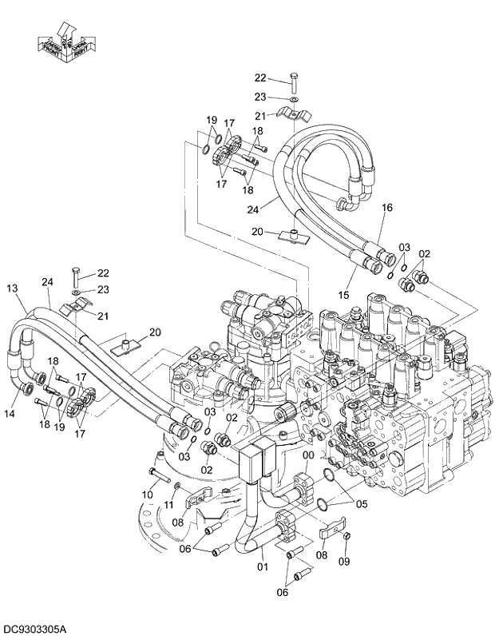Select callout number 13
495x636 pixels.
11,288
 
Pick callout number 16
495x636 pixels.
387,208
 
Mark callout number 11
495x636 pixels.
169,506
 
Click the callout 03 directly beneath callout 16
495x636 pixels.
404,247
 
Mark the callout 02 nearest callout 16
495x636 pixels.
425,253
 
